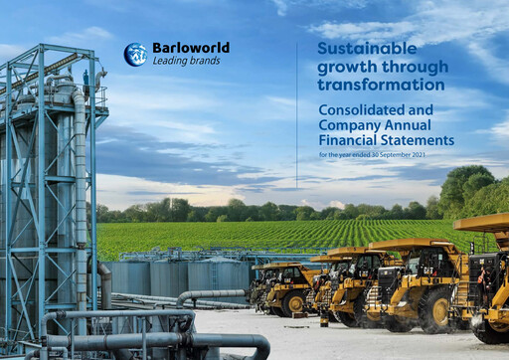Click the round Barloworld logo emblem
click(134, 55)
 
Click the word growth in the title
click(347, 66)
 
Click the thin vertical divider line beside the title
click(296, 99)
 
